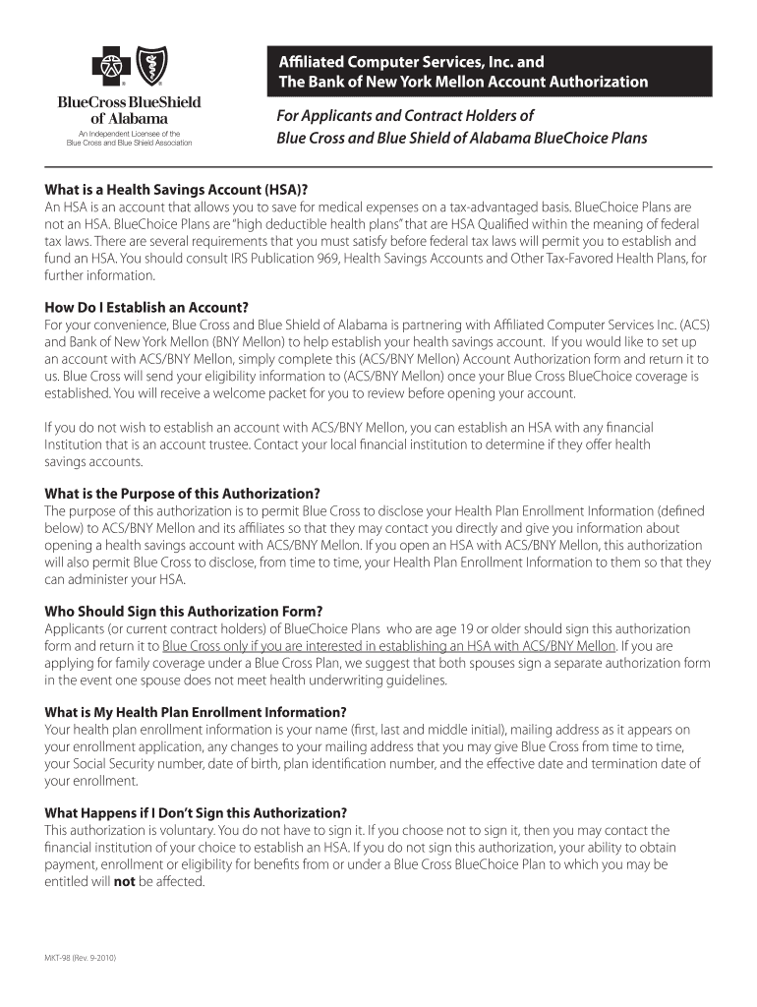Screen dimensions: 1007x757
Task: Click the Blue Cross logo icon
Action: click(110, 68)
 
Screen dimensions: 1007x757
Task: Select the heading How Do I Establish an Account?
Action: click(146, 308)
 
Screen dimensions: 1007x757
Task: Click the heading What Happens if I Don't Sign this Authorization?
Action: click(196, 813)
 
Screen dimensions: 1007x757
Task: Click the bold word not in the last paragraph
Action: click(124, 881)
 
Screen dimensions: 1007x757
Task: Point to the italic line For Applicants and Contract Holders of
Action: click(405, 116)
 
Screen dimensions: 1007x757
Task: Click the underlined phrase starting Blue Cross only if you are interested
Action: click(389, 646)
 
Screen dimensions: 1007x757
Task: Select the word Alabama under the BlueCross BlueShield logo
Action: click(144, 118)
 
